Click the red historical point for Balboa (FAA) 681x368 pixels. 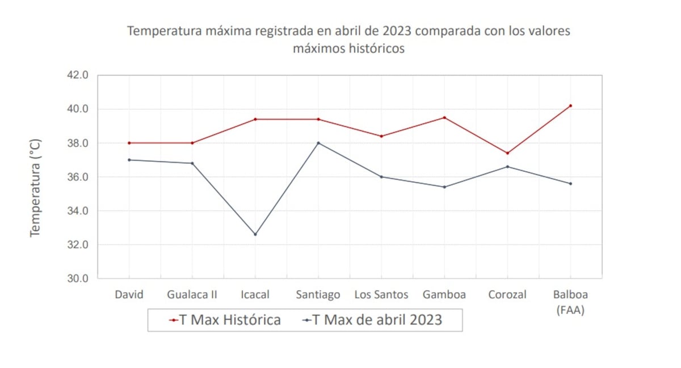[570, 105]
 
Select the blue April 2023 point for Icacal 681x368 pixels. [255, 234]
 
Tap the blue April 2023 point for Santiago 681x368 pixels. [318, 143]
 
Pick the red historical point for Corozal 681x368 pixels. [507, 153]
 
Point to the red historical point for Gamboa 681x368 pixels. [444, 117]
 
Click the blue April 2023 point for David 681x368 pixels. [129, 160]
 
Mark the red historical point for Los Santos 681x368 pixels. [381, 136]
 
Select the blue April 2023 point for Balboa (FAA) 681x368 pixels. [570, 184]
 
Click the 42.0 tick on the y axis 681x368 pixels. [78, 75]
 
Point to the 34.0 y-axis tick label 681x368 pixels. [78, 211]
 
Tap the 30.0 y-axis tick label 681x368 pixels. [78, 278]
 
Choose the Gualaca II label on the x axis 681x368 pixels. [192, 295]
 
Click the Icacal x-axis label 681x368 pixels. [255, 295]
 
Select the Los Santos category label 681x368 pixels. [381, 295]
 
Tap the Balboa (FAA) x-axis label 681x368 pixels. [570, 302]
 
